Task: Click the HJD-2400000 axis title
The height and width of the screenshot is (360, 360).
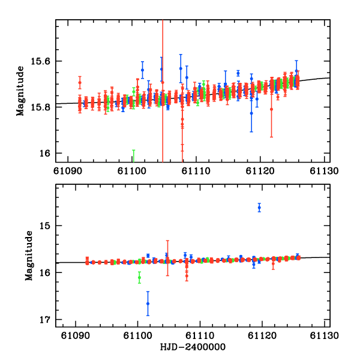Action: point(193,347)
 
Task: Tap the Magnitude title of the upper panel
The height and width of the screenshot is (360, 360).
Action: point(20,91)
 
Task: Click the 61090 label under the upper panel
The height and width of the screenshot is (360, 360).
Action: point(68,171)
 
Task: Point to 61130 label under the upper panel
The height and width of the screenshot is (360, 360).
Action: point(318,171)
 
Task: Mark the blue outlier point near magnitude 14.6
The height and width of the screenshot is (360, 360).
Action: point(259,208)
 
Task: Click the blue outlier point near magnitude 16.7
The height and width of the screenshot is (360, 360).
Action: point(148,304)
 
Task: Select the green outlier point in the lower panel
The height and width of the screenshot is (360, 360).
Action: point(139,278)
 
